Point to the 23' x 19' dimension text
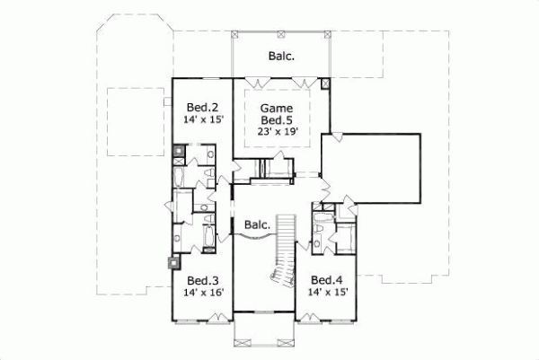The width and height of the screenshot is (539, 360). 278,131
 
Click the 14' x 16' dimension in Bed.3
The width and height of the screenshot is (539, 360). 205,292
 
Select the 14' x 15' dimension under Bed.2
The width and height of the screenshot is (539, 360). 205,117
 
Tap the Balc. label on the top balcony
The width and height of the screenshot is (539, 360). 281,56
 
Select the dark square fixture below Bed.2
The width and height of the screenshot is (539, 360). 180,151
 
